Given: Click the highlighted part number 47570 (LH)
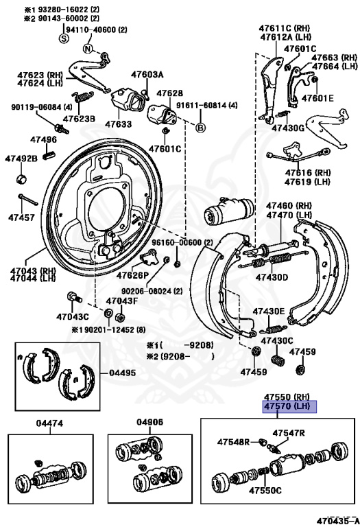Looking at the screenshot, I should click(287, 406).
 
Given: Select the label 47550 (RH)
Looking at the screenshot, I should click(287, 397).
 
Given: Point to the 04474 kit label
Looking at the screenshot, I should click(49, 423).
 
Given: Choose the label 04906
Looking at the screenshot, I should click(149, 423).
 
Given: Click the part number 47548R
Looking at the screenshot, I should click(233, 442).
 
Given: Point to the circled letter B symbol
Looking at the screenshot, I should click(201, 128).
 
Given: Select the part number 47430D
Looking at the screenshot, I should click(272, 277).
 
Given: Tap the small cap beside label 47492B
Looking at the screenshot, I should click(21, 179).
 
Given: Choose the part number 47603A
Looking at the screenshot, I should click(147, 74).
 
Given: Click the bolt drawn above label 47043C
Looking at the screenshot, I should click(73, 297).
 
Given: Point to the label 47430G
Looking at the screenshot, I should click(287, 128).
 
